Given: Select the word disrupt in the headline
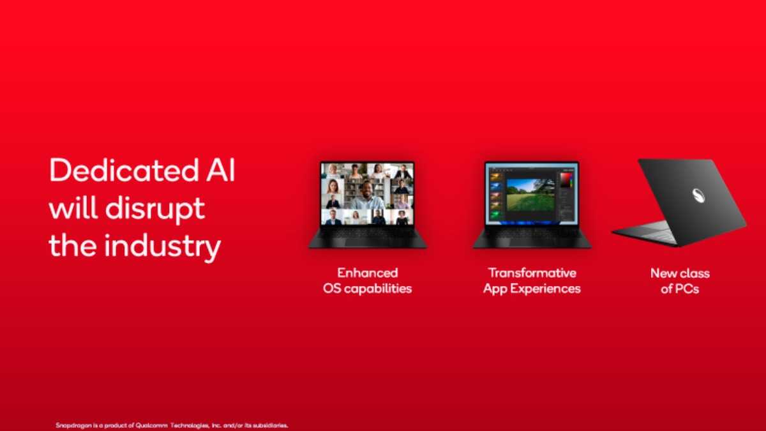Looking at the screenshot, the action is (155, 209).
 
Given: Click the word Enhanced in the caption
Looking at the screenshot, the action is (368, 273).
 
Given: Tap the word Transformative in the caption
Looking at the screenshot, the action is (532, 273).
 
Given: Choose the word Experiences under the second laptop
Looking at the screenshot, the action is (546, 289).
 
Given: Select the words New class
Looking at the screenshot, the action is (680, 273).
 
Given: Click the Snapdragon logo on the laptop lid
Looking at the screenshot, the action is (700, 196).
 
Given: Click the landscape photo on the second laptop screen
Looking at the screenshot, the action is (530, 194).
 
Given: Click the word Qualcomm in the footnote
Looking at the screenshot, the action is (151, 425).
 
